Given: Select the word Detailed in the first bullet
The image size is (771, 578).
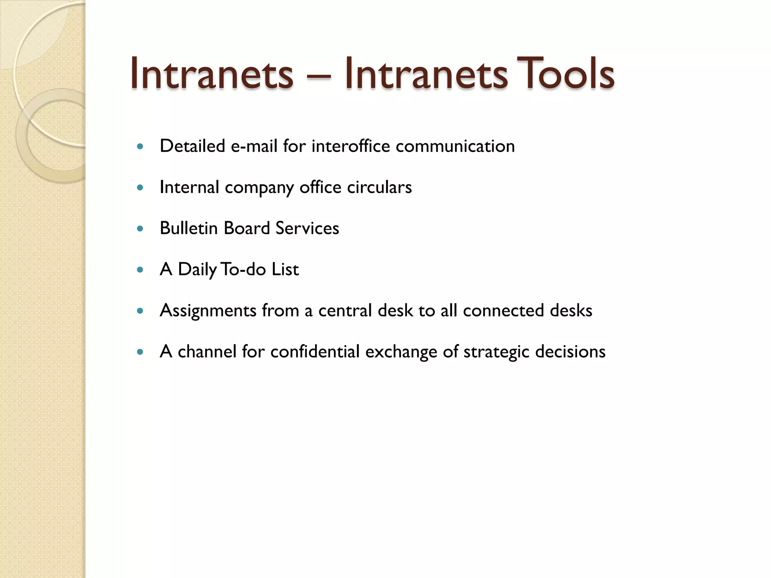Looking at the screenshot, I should coord(192,146).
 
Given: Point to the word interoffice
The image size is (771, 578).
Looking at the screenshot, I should coord(350,146).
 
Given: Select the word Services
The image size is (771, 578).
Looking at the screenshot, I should coord(307,228).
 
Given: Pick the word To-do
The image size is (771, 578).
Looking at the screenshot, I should coord(244,269).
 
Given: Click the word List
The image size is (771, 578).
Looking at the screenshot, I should coord(285,269).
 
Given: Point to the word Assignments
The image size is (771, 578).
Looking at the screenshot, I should coord(208,311).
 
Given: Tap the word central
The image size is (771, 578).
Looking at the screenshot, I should coord(345,311).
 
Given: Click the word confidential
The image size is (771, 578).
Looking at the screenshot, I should coord(315,352).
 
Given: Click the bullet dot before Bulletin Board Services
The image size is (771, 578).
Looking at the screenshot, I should coord(140,228).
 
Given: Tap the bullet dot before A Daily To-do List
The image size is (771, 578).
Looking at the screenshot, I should coord(140,269).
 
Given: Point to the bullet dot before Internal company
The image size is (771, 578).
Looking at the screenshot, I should coord(140,187).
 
